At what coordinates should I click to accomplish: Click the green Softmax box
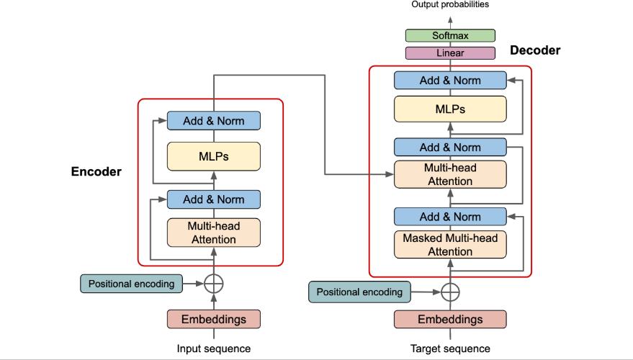pyautogui.click(x=450, y=35)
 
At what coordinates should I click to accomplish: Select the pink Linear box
pyautogui.click(x=450, y=53)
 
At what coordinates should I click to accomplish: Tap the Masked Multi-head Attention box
pyautogui.click(x=450, y=245)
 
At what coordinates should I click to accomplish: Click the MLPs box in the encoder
pyautogui.click(x=214, y=156)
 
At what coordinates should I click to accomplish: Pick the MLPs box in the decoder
pyautogui.click(x=450, y=109)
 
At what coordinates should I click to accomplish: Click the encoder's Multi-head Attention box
pyautogui.click(x=214, y=233)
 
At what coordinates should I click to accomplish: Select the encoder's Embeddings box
pyautogui.click(x=214, y=319)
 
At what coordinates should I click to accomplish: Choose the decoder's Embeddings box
pyautogui.click(x=450, y=319)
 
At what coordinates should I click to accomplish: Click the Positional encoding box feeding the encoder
pyautogui.click(x=130, y=284)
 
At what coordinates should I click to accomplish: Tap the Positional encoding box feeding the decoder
pyautogui.click(x=360, y=292)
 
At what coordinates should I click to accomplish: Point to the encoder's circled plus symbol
pyautogui.click(x=214, y=284)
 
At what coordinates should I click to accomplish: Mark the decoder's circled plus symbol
pyautogui.click(x=450, y=292)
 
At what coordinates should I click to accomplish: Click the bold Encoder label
pyautogui.click(x=96, y=172)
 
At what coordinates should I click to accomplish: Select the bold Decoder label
pyautogui.click(x=535, y=50)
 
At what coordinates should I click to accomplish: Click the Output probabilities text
pyautogui.click(x=450, y=5)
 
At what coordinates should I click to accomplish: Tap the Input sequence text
pyautogui.click(x=214, y=348)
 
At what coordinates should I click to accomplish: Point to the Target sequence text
pyautogui.click(x=450, y=348)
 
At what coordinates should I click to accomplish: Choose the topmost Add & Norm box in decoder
pyautogui.click(x=450, y=81)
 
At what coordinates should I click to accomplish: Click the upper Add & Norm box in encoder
pyautogui.click(x=214, y=121)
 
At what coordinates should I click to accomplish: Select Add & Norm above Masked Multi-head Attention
pyautogui.click(x=450, y=217)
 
